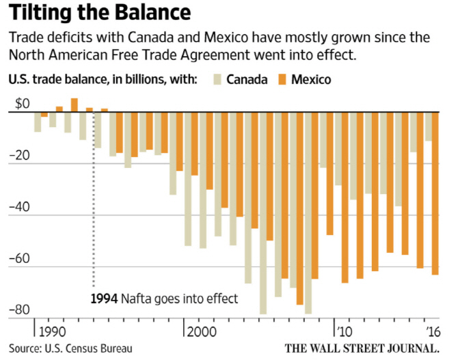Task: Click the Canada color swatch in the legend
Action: (x=217, y=79)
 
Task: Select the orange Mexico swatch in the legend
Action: (x=282, y=79)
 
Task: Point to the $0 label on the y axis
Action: (x=23, y=104)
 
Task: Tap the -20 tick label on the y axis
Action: (x=20, y=155)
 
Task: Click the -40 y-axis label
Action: (x=20, y=207)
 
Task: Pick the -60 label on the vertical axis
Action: (x=20, y=259)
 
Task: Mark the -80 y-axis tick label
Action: (x=20, y=310)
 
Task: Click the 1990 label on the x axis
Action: (x=52, y=332)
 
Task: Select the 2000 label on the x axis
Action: (x=202, y=332)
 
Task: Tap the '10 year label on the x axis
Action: (x=345, y=332)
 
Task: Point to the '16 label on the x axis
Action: (x=433, y=332)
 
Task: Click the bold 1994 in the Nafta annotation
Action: (x=105, y=299)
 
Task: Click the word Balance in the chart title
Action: (x=152, y=12)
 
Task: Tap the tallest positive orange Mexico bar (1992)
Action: (x=75, y=105)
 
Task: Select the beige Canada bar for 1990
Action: (x=53, y=120)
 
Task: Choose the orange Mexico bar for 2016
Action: (x=435, y=193)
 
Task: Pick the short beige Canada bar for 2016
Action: (x=428, y=126)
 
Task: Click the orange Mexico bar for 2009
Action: (x=329, y=174)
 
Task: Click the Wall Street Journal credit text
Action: (x=362, y=348)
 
